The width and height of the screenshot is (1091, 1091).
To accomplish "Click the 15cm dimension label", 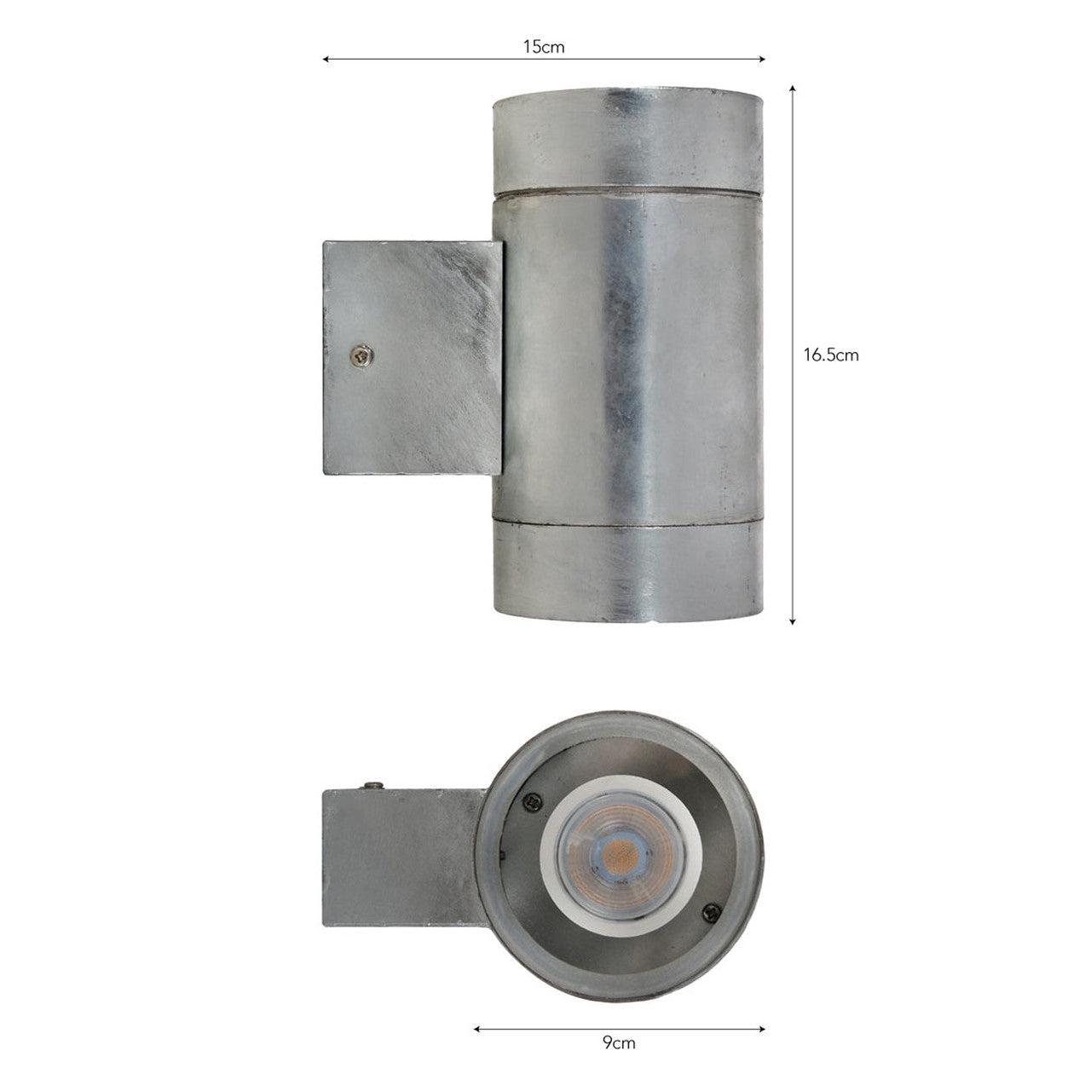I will tap(544, 48).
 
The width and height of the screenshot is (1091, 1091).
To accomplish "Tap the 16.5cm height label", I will tap(830, 355).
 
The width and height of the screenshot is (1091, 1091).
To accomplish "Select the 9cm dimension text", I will tap(619, 1043).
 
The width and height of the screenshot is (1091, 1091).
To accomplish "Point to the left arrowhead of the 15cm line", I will tap(326, 59).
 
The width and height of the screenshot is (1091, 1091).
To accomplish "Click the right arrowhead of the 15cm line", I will tap(761, 59).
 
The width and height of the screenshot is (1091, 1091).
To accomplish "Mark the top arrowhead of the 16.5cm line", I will tap(793, 89).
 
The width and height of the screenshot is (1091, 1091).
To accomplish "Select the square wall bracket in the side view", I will tap(411, 358).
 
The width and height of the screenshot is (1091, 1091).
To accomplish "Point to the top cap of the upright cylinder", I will tap(628, 141).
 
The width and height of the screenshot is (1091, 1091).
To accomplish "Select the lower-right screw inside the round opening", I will tap(706, 913).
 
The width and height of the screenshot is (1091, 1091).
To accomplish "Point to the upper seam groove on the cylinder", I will tap(628, 192).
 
